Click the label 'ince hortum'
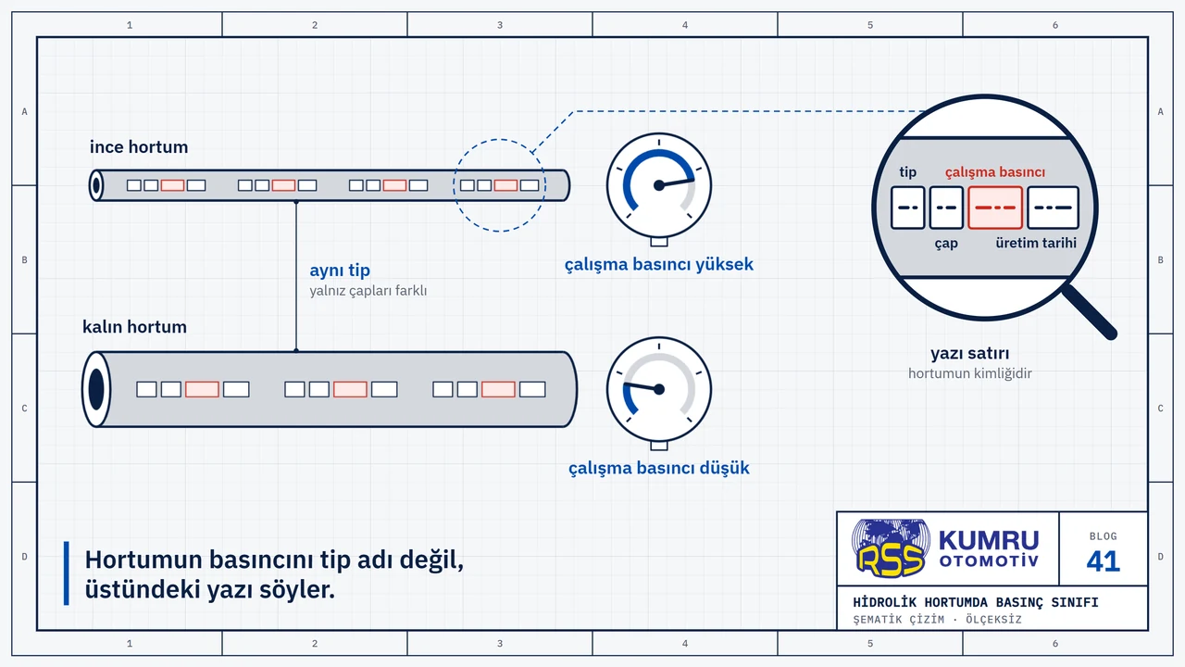coord(139,147)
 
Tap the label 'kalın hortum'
coord(134,327)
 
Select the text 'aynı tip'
coord(340,271)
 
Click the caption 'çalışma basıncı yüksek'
coord(658,264)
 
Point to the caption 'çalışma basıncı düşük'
coord(658,468)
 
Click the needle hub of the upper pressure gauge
coord(658,185)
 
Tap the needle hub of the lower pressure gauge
coord(658,389)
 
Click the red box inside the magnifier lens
coord(994,208)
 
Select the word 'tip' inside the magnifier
coord(908,172)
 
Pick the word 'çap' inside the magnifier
coord(946,244)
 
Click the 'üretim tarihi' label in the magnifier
coord(1036,243)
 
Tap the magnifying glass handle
coord(1090,311)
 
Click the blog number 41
coord(1103,561)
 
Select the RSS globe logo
coord(891,547)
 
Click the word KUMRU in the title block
coord(989,540)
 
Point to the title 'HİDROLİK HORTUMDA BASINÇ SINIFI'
coord(976,602)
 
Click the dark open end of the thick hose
coord(96,389)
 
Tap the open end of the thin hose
coord(96,185)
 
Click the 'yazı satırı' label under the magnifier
coord(969,353)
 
